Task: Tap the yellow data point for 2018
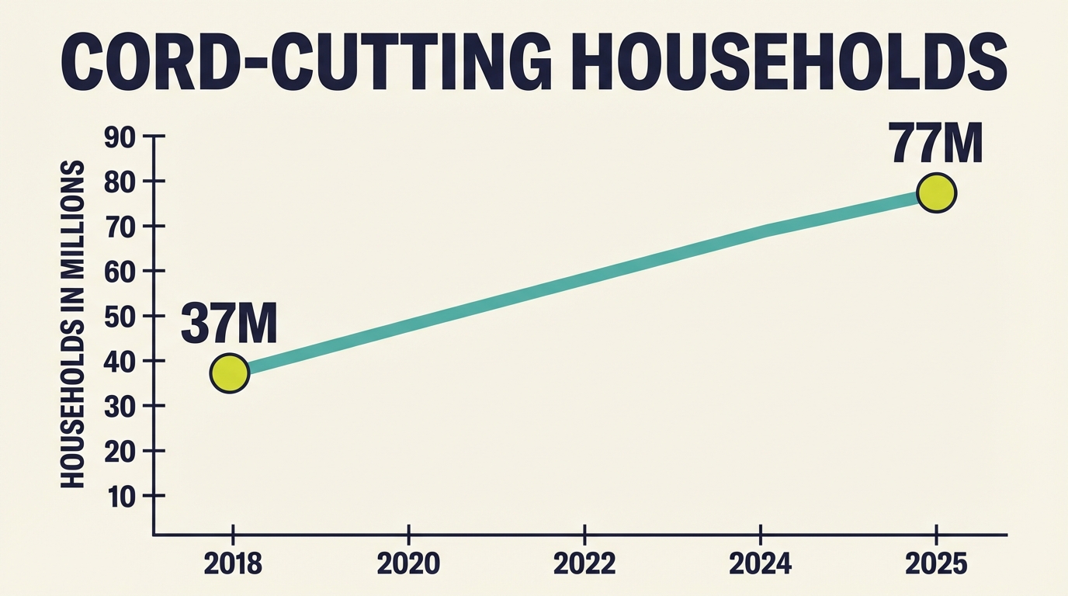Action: pyautogui.click(x=229, y=373)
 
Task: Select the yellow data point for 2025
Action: pyautogui.click(x=936, y=193)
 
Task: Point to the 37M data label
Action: pyautogui.click(x=229, y=324)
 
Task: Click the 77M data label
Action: pyautogui.click(x=936, y=144)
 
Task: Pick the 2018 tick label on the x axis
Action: pyautogui.click(x=232, y=564)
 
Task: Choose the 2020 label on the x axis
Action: pyautogui.click(x=408, y=564)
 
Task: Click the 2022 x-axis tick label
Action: pyautogui.click(x=584, y=564)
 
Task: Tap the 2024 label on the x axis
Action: pyautogui.click(x=761, y=564)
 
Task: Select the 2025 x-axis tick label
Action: pyautogui.click(x=936, y=564)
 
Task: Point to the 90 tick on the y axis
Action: pyautogui.click(x=120, y=137)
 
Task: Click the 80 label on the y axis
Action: pyautogui.click(x=120, y=182)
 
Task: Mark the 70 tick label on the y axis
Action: pyautogui.click(x=120, y=227)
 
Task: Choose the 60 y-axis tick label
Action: pyautogui.click(x=120, y=272)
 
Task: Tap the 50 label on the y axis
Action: pyautogui.click(x=120, y=317)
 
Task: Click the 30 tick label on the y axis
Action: pyautogui.click(x=120, y=407)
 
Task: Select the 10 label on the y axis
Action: pyautogui.click(x=120, y=497)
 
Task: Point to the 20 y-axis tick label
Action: pyautogui.click(x=120, y=452)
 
